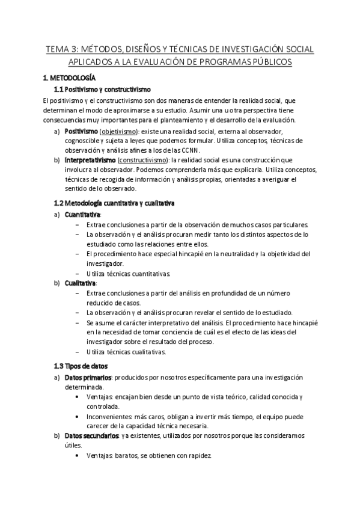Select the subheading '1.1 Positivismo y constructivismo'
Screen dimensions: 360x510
[x=98, y=89]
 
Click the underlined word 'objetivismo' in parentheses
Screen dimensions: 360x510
[x=118, y=131]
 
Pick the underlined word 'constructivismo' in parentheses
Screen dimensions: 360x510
[x=143, y=160]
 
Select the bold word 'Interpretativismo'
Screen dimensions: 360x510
[x=90, y=160]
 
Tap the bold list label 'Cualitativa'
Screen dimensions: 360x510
[x=79, y=283]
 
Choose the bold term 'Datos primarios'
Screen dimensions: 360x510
[x=88, y=377]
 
